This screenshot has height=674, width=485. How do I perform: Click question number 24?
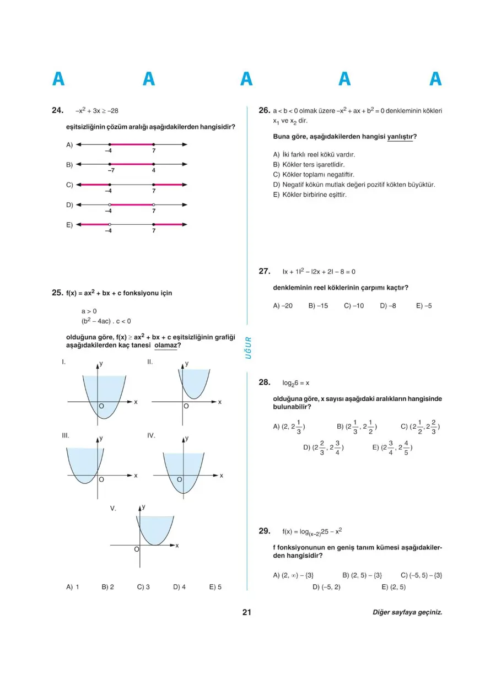[x=57, y=111]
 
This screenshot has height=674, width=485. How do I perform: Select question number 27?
[x=264, y=271]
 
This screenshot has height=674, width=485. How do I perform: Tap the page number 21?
[x=246, y=612]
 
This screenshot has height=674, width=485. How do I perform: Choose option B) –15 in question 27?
[x=318, y=305]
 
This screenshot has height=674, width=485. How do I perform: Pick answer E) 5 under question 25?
[x=215, y=587]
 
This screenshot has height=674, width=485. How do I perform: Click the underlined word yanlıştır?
[x=402, y=137]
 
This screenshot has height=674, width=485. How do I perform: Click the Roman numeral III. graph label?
[x=66, y=435]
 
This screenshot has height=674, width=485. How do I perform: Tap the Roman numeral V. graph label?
[x=113, y=509]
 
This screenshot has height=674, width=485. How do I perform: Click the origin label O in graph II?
[x=186, y=406]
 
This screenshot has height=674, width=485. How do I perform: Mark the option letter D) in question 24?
[x=69, y=205]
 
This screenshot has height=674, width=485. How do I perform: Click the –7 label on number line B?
[x=110, y=171]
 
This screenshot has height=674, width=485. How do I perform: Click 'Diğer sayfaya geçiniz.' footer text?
[x=407, y=612]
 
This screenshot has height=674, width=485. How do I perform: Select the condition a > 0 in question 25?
[x=89, y=311]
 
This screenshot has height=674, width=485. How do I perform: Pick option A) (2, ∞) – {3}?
[x=293, y=575]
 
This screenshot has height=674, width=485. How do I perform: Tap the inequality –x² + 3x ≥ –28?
[x=97, y=111]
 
